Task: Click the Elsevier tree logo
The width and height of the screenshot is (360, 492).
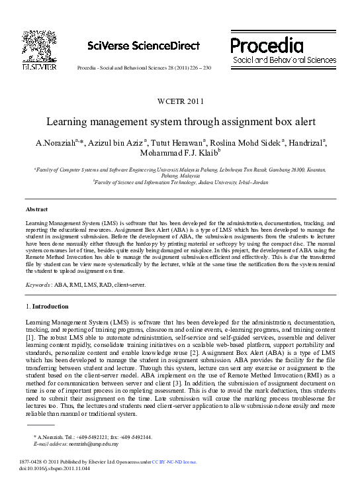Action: tap(38, 44)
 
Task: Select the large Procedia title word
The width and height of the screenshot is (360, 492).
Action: tap(267, 45)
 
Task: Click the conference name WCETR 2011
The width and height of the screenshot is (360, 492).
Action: tap(179, 101)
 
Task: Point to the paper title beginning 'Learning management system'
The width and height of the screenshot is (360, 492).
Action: tap(180, 123)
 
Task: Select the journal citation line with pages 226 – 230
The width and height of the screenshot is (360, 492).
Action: tap(144, 68)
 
